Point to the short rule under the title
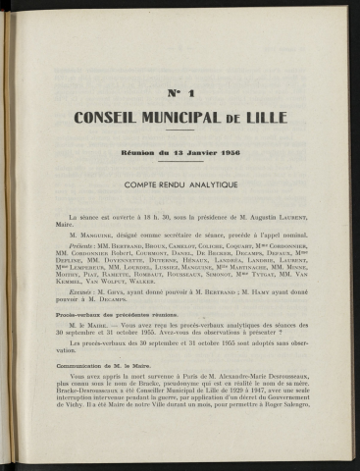coord(180,131)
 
